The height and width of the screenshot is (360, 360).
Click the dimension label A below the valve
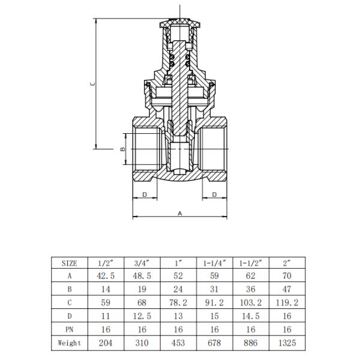pos(180,213)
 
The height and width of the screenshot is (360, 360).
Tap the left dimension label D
pos(145,194)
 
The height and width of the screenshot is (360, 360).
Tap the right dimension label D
pos(214,194)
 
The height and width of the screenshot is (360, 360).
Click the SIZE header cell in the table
pos(70,263)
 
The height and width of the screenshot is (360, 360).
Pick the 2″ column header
pos(287,263)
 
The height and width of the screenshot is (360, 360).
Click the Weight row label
pos(70,344)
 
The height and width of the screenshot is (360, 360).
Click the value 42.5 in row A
pos(106,277)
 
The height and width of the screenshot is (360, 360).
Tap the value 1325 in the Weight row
pos(287,344)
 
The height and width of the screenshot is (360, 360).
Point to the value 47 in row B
pos(287,290)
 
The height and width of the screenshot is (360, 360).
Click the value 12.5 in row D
pos(142,317)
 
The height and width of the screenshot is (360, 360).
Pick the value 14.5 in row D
pos(251,317)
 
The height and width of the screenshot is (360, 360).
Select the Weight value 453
pos(179,344)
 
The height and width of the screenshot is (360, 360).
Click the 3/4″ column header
pos(142,263)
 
